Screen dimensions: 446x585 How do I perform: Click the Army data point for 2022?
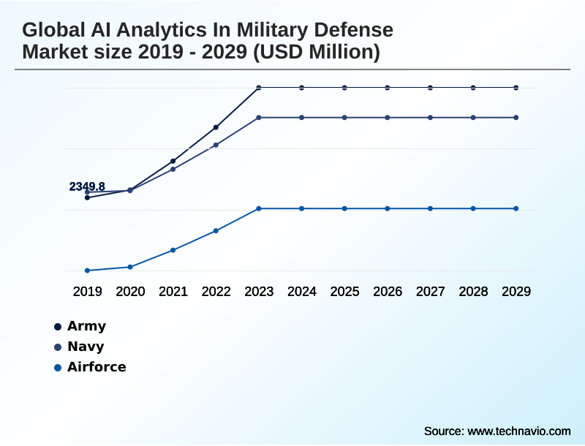pos(216,127)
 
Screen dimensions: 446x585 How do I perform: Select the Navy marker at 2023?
pos(259,117)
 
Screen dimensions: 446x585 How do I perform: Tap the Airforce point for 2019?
pos(87,271)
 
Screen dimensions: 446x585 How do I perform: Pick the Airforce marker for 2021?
pos(173,250)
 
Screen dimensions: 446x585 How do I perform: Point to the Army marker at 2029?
pos(516,88)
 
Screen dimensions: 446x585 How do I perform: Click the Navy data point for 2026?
pos(388,117)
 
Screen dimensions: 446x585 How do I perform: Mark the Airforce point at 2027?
pos(431,208)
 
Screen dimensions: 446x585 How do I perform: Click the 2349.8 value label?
pos(87,186)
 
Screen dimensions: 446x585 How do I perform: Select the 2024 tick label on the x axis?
pos(302,292)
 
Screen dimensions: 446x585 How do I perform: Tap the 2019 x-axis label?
pos(87,292)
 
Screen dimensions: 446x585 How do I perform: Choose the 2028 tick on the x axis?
pos(473,292)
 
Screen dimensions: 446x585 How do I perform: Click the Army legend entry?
pos(86,326)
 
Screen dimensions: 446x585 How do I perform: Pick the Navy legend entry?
pos(86,347)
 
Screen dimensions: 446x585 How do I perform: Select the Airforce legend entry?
pos(97,367)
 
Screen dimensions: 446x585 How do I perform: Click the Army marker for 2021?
pos(173,161)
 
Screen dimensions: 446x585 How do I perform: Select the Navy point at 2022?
pos(216,145)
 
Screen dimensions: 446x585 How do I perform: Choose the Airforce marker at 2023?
pos(259,208)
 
